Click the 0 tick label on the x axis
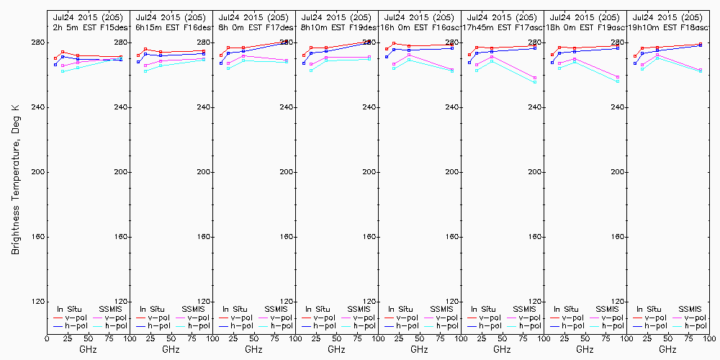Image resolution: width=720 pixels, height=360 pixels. (47, 338)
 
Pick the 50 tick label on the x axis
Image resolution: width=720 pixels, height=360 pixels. (88, 338)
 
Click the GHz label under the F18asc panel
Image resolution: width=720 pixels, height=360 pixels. (667, 349)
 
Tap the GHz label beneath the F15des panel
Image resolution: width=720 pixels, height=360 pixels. (88, 349)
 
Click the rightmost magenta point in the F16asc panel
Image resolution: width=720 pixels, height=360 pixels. (452, 69)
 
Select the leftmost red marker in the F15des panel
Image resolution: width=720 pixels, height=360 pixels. (55, 58)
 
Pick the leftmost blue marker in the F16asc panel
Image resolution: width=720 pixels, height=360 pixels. (387, 56)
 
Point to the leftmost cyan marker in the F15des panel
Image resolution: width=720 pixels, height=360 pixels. (63, 71)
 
